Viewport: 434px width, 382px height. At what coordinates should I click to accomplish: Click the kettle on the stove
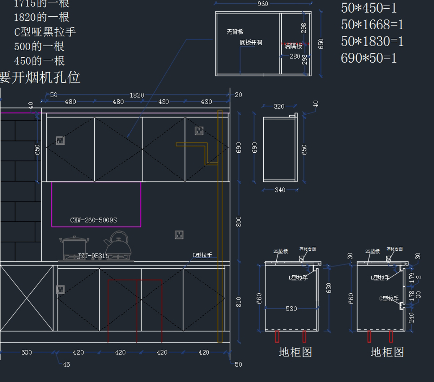(x=118, y=244)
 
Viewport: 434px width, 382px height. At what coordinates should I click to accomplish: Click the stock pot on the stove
(x=74, y=247)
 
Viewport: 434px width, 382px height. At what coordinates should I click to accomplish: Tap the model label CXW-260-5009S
(x=93, y=220)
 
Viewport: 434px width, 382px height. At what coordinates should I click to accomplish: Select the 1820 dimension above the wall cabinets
(x=137, y=95)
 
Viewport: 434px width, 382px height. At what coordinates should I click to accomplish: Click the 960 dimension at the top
(x=263, y=4)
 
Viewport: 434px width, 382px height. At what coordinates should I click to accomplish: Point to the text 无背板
(x=235, y=32)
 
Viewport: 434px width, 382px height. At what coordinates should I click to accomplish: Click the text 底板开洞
(x=251, y=43)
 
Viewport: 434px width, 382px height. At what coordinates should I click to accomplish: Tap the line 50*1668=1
(x=372, y=25)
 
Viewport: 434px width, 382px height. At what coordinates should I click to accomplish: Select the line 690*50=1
(x=369, y=58)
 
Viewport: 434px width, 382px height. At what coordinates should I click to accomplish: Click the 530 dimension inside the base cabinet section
(x=291, y=309)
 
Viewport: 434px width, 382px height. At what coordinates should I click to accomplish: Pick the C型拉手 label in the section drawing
(x=389, y=298)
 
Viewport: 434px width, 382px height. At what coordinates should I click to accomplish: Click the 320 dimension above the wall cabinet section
(x=279, y=106)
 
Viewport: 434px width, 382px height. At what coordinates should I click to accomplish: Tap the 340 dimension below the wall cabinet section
(x=280, y=190)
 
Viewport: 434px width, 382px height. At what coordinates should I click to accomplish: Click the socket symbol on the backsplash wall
(x=179, y=235)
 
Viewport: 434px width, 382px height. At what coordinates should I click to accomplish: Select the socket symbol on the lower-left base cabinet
(x=60, y=289)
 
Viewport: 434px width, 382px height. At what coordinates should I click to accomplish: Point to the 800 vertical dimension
(x=239, y=222)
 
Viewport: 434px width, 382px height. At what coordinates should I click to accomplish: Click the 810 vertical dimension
(x=239, y=302)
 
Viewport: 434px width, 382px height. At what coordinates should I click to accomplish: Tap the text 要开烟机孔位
(x=40, y=77)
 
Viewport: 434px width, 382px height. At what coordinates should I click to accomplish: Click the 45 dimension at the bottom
(x=67, y=364)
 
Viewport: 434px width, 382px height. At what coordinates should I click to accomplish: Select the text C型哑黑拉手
(x=45, y=32)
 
